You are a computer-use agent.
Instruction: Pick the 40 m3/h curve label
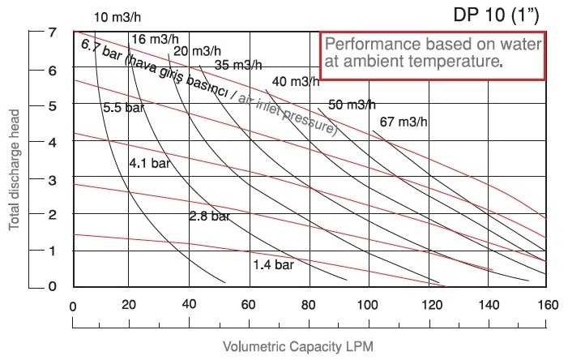(296, 81)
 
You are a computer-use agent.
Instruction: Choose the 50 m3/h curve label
(352, 104)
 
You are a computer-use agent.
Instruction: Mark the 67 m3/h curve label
(402, 122)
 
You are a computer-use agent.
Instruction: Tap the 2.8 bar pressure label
(209, 216)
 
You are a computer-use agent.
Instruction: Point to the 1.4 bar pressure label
(273, 264)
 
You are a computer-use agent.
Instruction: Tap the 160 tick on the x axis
(548, 306)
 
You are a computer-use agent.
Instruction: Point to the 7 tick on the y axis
(52, 32)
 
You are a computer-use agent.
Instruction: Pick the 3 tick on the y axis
(52, 178)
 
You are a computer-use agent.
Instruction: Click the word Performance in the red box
(364, 44)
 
